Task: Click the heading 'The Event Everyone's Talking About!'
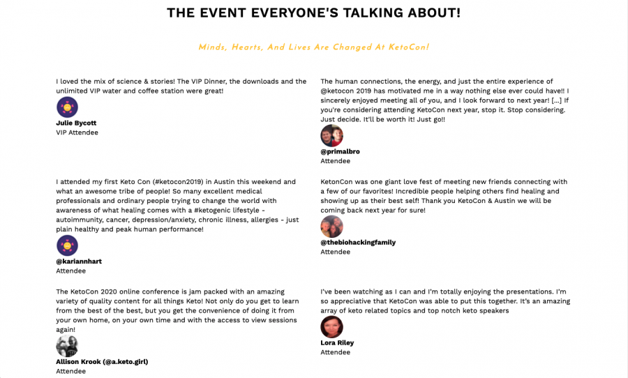(x=313, y=13)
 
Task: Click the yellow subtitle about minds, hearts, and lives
(x=313, y=47)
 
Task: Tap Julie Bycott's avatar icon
(x=67, y=107)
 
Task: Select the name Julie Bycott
(x=76, y=123)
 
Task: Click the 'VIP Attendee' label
(x=77, y=133)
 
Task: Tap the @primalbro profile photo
(x=331, y=136)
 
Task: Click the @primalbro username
(x=340, y=151)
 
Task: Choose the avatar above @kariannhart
(x=67, y=245)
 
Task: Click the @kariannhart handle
(x=79, y=262)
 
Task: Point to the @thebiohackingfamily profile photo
(x=331, y=227)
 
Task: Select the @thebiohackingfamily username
(x=358, y=243)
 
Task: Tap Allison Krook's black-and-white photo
(x=67, y=346)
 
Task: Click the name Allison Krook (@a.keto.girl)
(x=102, y=362)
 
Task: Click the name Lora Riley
(x=337, y=343)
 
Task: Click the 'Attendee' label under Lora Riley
(x=335, y=352)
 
